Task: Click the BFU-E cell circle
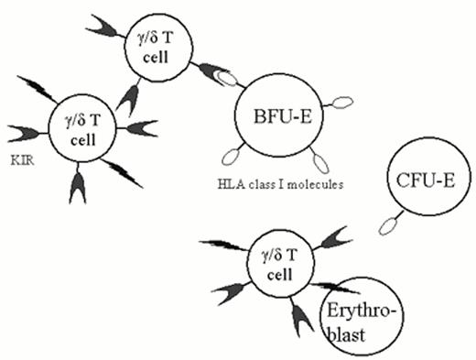276,118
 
